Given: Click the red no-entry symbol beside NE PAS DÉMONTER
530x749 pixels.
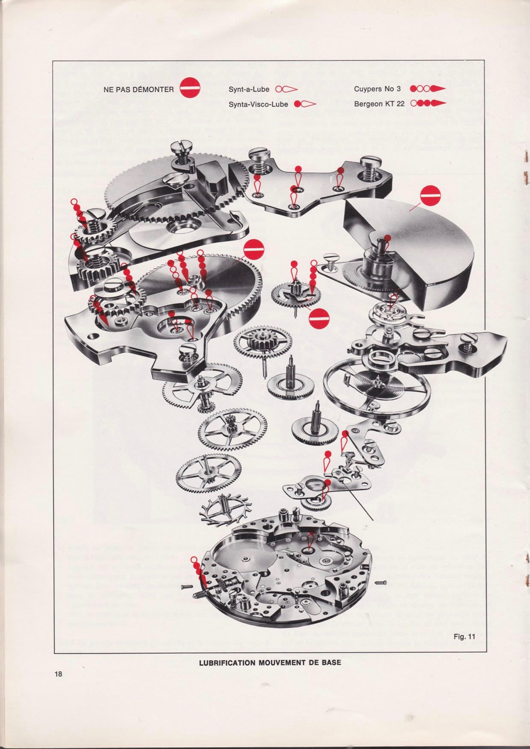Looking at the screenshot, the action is tap(190, 87).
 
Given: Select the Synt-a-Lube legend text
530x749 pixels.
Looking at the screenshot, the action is tap(249, 89).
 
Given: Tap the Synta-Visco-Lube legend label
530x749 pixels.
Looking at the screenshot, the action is tap(258, 104).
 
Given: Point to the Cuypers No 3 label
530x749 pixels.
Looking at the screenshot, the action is tap(377, 89).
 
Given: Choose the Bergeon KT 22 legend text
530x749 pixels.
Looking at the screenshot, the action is tap(379, 103).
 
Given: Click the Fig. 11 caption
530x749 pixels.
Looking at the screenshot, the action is tap(464, 636).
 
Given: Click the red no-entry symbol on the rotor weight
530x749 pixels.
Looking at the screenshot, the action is tap(430, 196).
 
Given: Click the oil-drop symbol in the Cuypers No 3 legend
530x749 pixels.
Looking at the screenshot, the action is tap(428, 89).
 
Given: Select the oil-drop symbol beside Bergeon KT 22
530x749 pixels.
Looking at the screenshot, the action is tap(428, 103).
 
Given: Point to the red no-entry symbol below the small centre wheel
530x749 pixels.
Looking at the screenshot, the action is tap(319, 318).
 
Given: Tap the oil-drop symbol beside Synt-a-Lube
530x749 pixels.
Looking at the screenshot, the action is tap(286, 89).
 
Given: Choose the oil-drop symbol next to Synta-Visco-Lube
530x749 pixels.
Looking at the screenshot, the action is tap(305, 104).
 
